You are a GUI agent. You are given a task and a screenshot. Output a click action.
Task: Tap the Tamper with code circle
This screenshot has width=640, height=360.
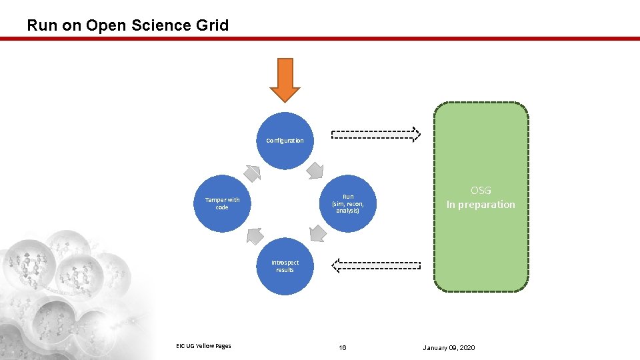(x=222, y=203)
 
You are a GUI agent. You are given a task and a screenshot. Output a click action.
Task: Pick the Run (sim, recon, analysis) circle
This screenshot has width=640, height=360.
(x=347, y=203)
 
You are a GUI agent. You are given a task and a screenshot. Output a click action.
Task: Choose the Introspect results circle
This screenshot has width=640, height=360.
(x=285, y=266)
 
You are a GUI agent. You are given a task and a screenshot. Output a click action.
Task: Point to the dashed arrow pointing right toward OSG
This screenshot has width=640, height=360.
(x=376, y=135)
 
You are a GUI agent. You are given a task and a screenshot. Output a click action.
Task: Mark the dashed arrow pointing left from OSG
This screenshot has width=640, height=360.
(x=376, y=266)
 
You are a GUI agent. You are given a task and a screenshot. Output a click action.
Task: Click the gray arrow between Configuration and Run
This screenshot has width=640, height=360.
(x=315, y=171)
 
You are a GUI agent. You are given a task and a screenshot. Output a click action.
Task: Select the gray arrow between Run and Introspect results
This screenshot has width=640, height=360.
(x=317, y=234)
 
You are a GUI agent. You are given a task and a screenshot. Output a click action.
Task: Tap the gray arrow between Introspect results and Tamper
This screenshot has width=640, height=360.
(x=254, y=235)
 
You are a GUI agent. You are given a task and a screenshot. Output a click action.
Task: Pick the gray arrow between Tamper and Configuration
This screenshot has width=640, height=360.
(x=252, y=173)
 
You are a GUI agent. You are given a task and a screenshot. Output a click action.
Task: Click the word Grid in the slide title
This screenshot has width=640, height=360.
(x=211, y=25)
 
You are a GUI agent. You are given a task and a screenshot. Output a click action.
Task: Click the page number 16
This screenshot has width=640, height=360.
(x=343, y=347)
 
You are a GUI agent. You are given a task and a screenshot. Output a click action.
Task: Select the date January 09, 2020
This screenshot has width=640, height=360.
(x=449, y=347)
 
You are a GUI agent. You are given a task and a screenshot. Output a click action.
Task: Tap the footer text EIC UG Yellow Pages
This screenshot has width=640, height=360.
(x=203, y=345)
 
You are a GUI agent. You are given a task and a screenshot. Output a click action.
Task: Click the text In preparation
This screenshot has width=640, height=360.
(x=481, y=205)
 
